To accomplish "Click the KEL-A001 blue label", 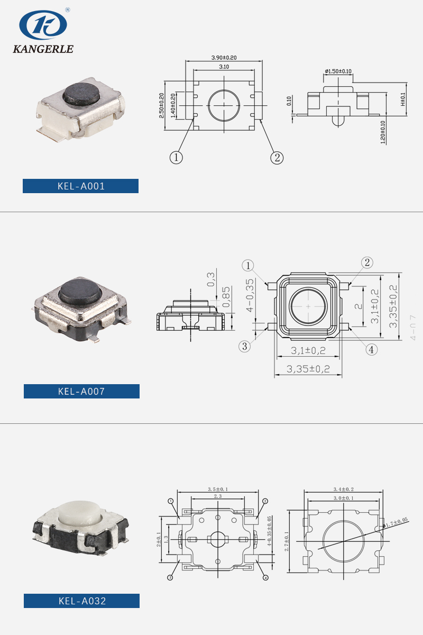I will coord(80,186).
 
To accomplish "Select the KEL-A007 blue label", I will coord(81,392).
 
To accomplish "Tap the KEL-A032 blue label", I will coord(81,601).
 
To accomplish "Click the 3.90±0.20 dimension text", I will coord(224,57).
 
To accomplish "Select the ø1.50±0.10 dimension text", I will coord(338,71).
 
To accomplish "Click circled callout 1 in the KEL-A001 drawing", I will coord(176,157).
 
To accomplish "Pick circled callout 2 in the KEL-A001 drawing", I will coord(277,157).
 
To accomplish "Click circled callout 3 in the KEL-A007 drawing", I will coord(244,347).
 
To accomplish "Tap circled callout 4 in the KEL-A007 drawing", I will coord(372,349).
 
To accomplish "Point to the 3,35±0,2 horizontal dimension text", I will coord(308,369).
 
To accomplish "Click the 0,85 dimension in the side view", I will coord(226,297).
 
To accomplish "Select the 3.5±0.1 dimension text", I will coord(218,489).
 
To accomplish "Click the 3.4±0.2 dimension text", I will coord(343,489).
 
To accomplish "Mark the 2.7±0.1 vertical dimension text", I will coord(287,541).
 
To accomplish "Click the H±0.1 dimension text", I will coord(403,99).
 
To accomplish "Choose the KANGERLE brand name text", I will coord(43,49).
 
